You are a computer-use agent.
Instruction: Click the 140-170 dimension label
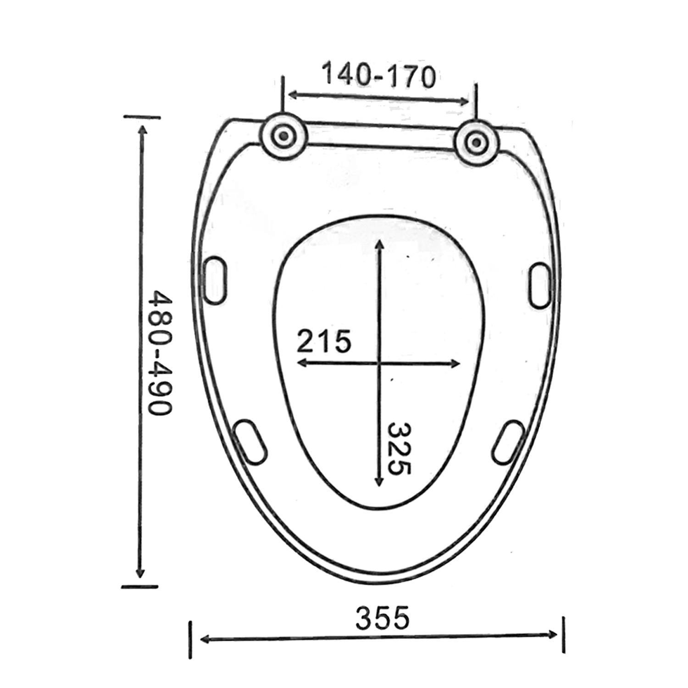tap(378, 76)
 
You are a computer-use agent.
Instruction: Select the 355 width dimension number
tap(382, 618)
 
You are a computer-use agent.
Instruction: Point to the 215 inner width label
tap(324, 341)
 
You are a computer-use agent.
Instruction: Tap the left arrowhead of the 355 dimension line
tap(205, 638)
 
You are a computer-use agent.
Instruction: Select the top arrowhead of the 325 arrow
tap(379, 243)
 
